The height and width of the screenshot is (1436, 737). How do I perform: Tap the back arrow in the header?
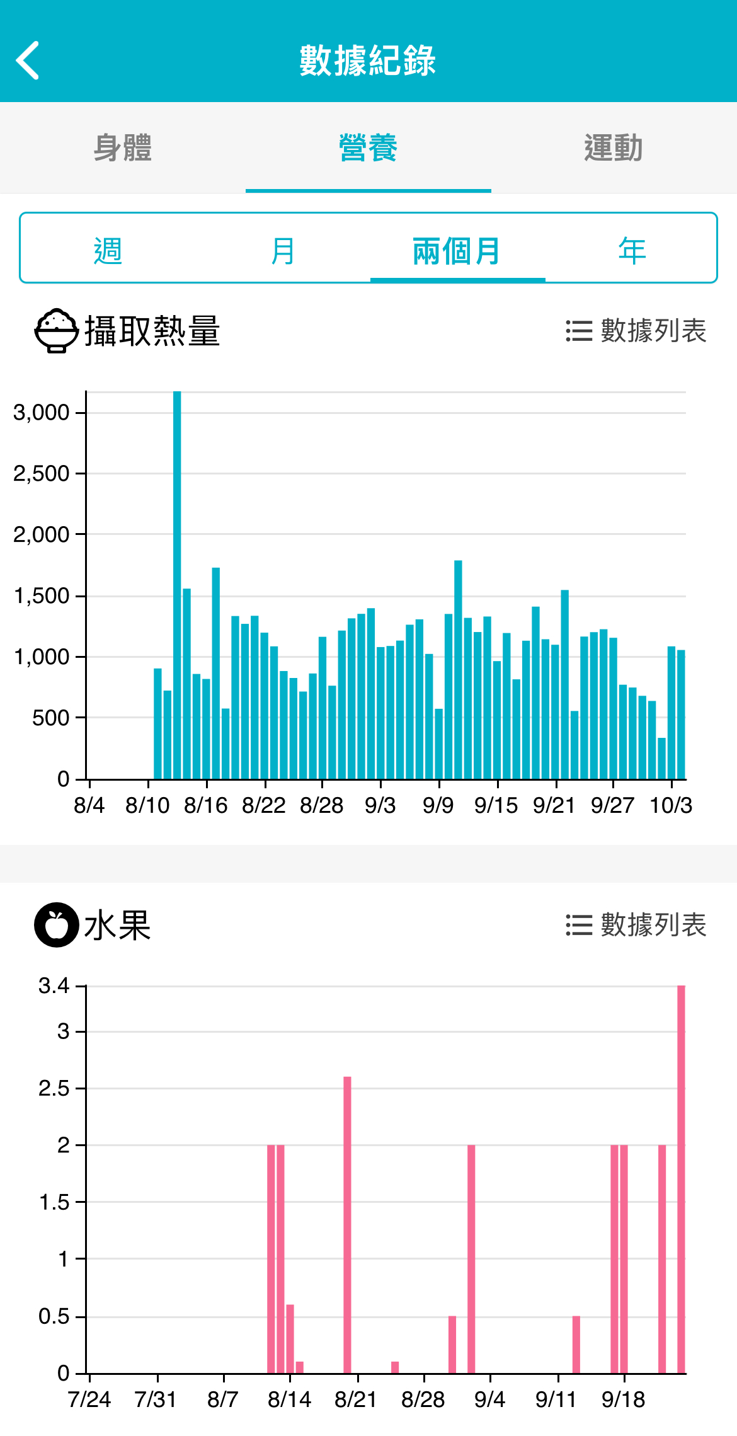coord(28,60)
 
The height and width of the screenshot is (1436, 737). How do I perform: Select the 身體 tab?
coord(123,148)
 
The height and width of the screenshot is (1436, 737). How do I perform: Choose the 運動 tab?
coord(613,148)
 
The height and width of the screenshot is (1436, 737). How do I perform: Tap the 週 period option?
coord(108,251)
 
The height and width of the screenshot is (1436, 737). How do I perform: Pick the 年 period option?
coord(632,251)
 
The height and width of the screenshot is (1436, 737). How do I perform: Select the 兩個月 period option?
coord(457,251)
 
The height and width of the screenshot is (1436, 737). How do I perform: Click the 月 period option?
coord(283,251)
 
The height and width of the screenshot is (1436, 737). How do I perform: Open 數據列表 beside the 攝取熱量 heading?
coord(636,331)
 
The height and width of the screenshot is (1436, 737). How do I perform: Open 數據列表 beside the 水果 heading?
coord(636,925)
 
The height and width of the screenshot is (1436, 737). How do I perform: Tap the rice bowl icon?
coord(57,330)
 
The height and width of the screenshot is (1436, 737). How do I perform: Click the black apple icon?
coord(57,925)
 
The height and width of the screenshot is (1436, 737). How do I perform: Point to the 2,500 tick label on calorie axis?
coord(41,474)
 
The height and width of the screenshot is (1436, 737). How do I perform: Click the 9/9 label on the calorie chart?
coord(438,805)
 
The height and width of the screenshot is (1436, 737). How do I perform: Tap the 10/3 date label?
coord(671,805)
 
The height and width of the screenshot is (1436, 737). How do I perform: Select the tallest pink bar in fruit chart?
coord(681,1178)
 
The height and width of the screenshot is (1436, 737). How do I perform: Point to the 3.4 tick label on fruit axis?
coord(54,985)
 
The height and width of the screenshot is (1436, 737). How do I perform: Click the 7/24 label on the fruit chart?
coord(89,1399)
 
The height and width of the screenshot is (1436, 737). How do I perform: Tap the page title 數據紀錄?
coord(368,60)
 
